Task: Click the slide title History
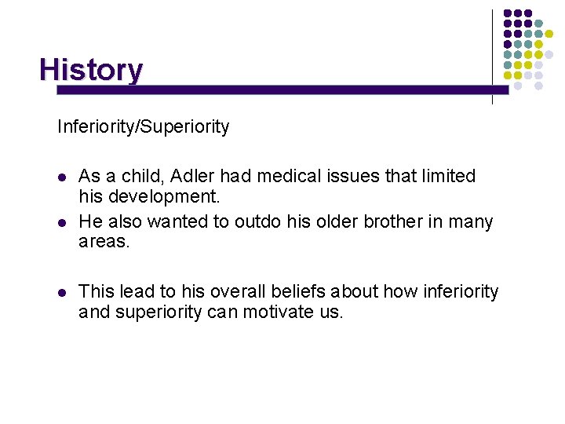91,70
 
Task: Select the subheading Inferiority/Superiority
143,126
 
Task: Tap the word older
337,221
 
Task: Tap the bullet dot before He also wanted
61,223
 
